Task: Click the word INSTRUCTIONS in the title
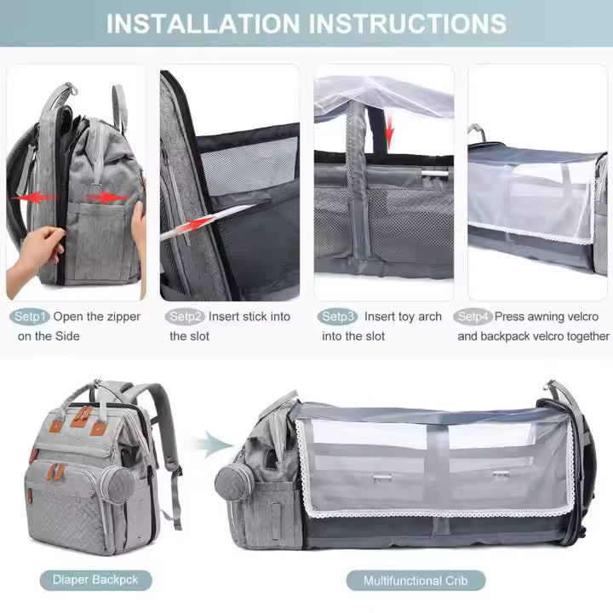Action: pyautogui.click(x=407, y=23)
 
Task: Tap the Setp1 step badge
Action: pyautogui.click(x=30, y=317)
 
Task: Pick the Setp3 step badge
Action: pyautogui.click(x=338, y=317)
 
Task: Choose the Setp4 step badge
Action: pyautogui.click(x=473, y=317)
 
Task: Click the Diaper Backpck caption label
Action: pyautogui.click(x=95, y=581)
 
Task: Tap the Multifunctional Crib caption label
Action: pyautogui.click(x=415, y=581)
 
